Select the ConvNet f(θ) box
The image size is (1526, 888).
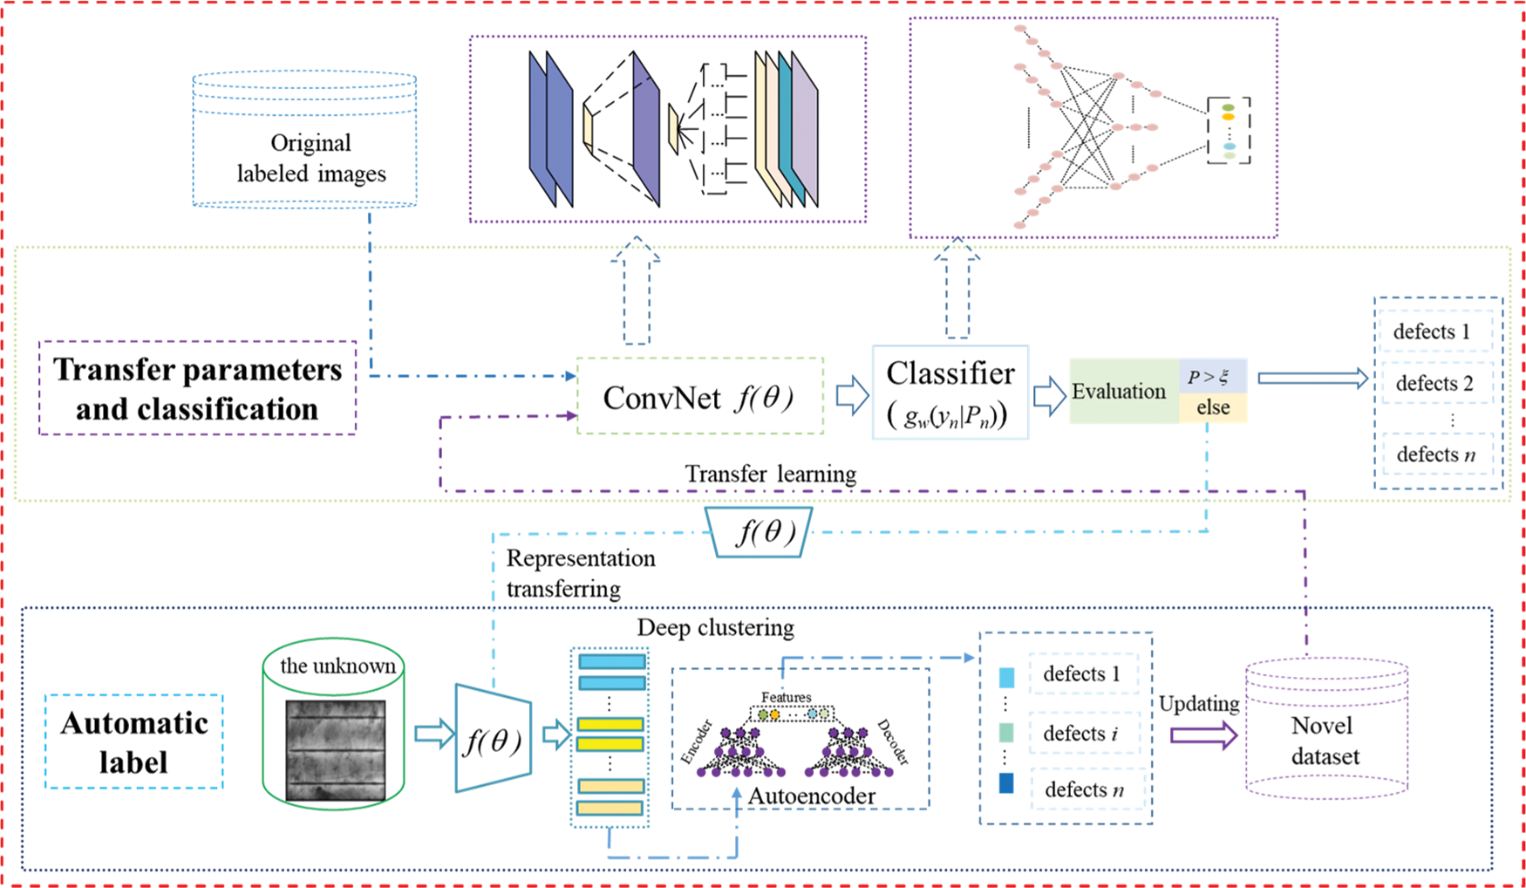700,397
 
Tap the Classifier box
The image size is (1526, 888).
950,393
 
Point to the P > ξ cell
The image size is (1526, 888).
1212,377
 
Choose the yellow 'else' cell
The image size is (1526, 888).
1212,407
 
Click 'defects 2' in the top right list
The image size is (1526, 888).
1434,383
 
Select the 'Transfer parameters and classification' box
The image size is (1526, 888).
197,389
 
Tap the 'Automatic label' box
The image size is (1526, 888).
134,742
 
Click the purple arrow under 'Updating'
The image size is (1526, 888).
1202,735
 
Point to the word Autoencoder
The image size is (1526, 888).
811,796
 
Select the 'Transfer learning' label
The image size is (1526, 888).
770,474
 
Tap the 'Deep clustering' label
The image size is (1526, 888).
715,627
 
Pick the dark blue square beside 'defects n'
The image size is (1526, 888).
1006,783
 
